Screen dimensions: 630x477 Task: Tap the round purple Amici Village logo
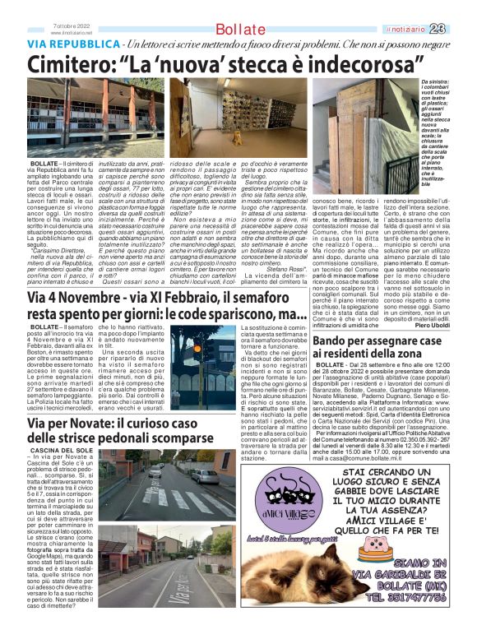[x=271, y=510]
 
